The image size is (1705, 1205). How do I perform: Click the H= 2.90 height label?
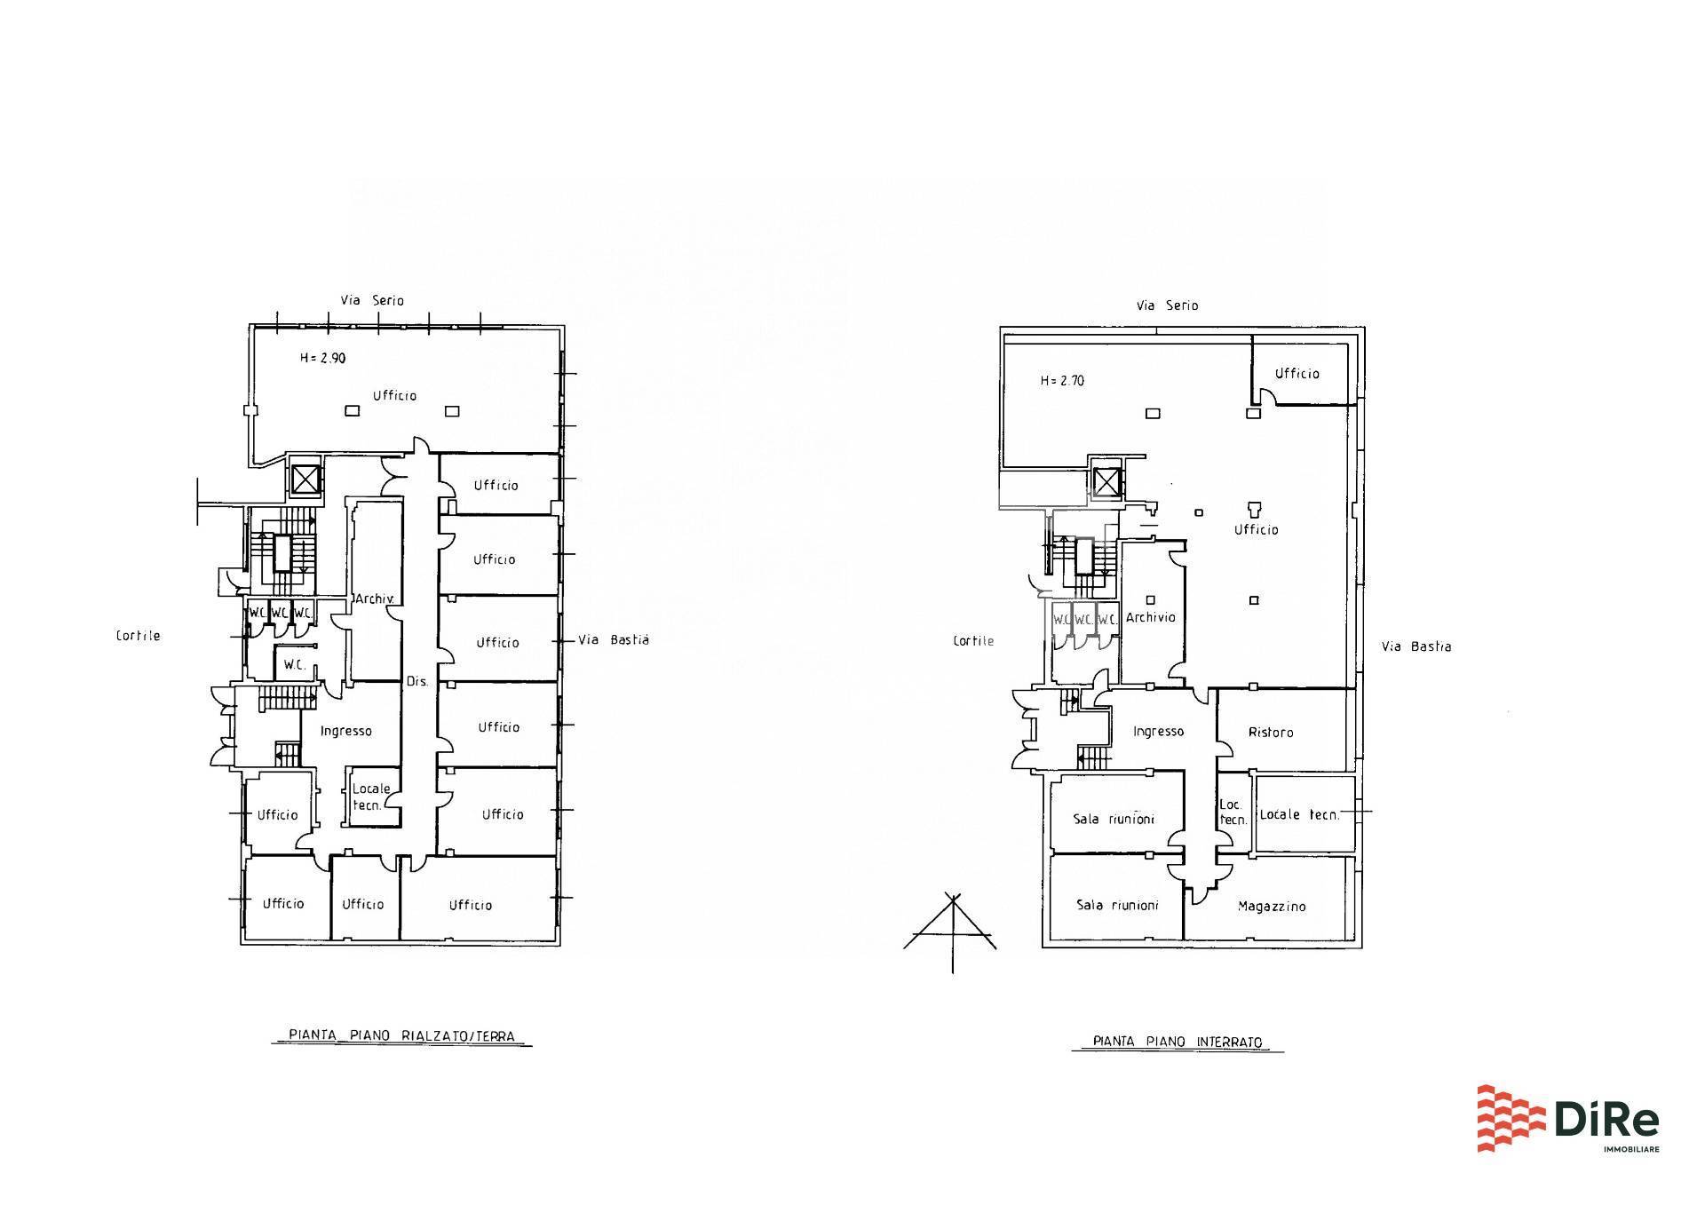[322, 359]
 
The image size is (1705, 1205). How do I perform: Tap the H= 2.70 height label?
[1062, 381]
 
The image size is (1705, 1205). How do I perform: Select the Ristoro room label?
[1271, 733]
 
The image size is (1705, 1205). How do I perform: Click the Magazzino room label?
[1272, 907]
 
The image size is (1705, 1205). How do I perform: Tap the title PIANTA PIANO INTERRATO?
[1178, 1042]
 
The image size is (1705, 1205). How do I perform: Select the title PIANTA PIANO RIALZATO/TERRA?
[401, 1035]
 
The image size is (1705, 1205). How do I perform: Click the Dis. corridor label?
[416, 682]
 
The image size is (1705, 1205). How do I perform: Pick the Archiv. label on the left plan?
[374, 599]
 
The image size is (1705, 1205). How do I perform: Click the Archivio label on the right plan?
[1151, 617]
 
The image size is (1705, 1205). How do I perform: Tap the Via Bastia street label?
[614, 639]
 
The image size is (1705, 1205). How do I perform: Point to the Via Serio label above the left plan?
[372, 300]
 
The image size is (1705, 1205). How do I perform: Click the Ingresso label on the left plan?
[345, 731]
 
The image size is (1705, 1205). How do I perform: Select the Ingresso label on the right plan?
[1158, 731]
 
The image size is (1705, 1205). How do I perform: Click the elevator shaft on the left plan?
[305, 480]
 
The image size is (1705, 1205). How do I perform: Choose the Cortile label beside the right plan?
[973, 641]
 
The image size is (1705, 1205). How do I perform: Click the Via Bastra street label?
[1416, 646]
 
